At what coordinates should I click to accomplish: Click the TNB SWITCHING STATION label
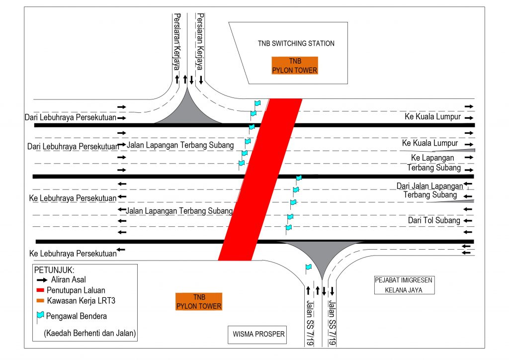tap(296, 43)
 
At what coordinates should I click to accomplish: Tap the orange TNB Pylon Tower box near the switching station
tap(294, 65)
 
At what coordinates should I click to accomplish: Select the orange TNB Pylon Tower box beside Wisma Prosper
tap(199, 301)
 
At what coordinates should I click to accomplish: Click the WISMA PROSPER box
tap(259, 334)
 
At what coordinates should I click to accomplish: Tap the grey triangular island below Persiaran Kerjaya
tap(188, 110)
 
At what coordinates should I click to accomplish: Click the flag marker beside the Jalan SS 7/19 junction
tap(308, 268)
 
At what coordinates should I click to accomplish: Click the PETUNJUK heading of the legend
tap(54, 270)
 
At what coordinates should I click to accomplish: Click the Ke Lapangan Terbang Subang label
tap(434, 163)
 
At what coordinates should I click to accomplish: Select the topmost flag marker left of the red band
tap(257, 103)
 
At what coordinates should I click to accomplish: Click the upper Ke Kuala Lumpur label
tap(434, 117)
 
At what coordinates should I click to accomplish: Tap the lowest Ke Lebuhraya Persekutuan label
tap(73, 253)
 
